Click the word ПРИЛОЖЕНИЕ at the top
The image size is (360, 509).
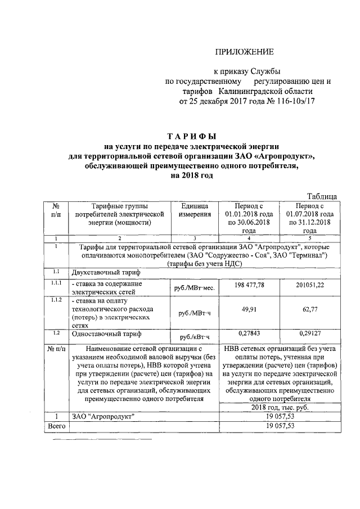click(245, 52)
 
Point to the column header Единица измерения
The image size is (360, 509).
click(195, 210)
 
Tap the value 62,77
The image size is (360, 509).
click(310, 308)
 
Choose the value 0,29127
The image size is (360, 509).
click(310, 334)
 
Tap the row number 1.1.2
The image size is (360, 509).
click(56, 299)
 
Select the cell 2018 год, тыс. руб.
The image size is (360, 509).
click(280, 407)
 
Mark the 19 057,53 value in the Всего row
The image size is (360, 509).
click(280, 426)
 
